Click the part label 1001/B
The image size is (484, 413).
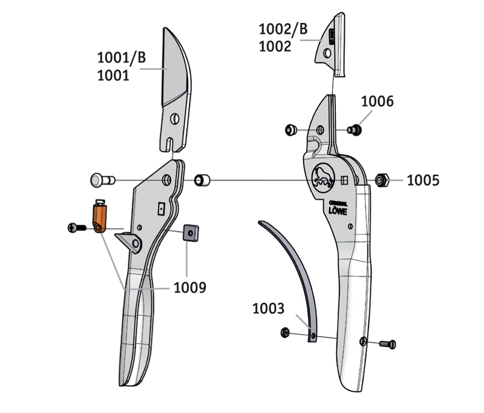tap(122, 58)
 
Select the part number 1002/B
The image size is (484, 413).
tap(283, 28)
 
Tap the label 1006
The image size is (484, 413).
tap(378, 102)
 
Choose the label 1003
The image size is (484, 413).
tap(268, 309)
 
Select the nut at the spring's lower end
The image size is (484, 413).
tap(286, 332)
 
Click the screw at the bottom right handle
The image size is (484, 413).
tap(388, 345)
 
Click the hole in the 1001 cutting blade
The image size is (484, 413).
tap(175, 117)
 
